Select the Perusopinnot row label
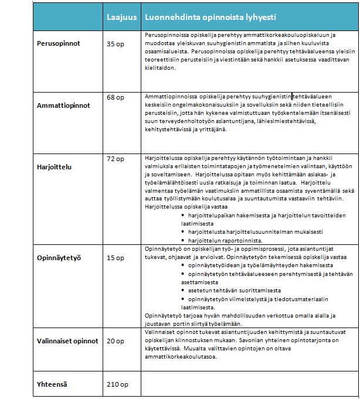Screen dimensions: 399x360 tap(59, 44)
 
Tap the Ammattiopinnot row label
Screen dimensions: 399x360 tap(63, 106)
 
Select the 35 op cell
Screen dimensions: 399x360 tap(116, 44)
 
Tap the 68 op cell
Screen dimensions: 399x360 tap(116, 97)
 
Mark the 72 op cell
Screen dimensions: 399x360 tap(116, 159)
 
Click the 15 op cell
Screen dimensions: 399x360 tap(116, 258)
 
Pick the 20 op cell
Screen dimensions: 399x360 tap(116, 340)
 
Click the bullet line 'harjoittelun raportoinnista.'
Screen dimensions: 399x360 tap(225, 240)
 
